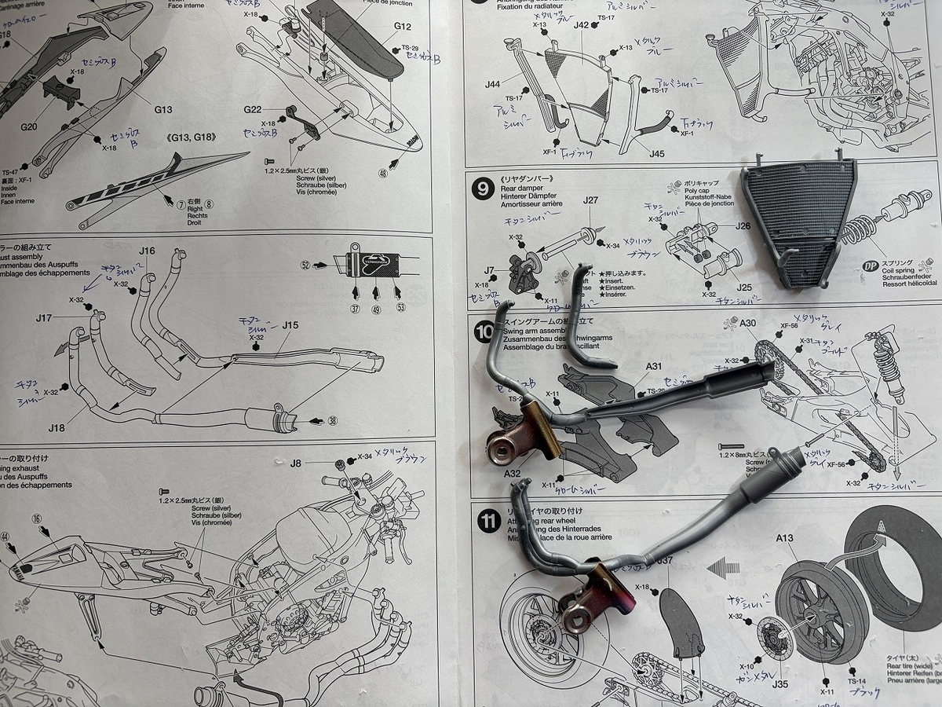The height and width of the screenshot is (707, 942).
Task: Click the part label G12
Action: (403, 26)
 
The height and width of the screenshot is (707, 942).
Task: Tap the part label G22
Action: (253, 109)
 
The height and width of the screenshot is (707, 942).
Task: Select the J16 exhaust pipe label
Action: (147, 251)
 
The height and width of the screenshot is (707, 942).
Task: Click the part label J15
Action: (290, 325)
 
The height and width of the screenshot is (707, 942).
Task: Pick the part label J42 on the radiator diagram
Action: (581, 25)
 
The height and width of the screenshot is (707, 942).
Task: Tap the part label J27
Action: (591, 200)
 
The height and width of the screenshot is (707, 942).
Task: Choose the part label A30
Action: (747, 323)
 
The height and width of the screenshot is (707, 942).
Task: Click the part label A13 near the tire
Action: (786, 539)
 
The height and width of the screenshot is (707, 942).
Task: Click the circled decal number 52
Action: (305, 265)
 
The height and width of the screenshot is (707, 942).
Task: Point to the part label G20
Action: (29, 126)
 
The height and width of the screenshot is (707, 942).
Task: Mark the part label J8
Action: (295, 463)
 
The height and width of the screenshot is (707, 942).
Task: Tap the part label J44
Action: (493, 84)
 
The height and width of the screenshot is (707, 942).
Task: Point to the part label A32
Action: (513, 473)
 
